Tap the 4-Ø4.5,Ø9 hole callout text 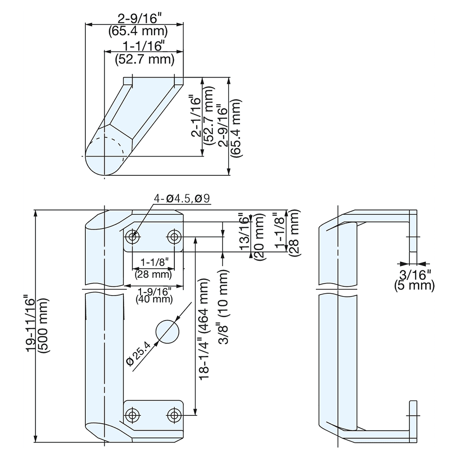click(x=182, y=199)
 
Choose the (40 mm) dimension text click(x=154, y=299)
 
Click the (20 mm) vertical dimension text click(x=258, y=237)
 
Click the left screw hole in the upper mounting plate click(x=133, y=237)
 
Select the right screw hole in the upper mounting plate click(x=174, y=237)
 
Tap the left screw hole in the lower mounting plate click(x=133, y=415)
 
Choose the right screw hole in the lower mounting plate click(x=174, y=415)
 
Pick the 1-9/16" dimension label click(x=154, y=291)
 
